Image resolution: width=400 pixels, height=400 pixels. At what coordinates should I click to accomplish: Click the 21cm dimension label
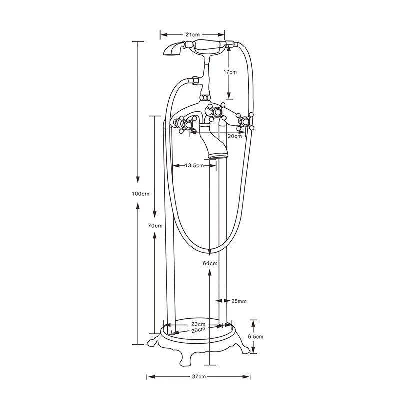[192, 35]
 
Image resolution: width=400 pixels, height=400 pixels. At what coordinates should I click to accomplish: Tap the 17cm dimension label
[230, 72]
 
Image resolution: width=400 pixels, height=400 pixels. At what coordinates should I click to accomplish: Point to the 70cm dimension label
[155, 226]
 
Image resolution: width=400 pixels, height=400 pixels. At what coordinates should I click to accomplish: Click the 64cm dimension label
[210, 263]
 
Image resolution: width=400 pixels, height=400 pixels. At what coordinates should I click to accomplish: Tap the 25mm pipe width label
[239, 301]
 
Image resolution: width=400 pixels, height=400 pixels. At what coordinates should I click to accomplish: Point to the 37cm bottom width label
[199, 376]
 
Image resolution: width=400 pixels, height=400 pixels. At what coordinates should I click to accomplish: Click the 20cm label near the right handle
[235, 136]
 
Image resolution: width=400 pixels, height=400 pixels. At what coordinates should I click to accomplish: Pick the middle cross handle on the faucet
[217, 111]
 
